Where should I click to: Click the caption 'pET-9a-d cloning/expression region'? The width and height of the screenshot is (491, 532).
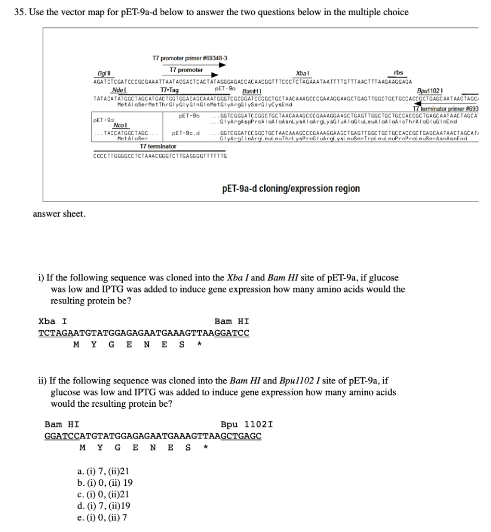[x=291, y=189]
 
